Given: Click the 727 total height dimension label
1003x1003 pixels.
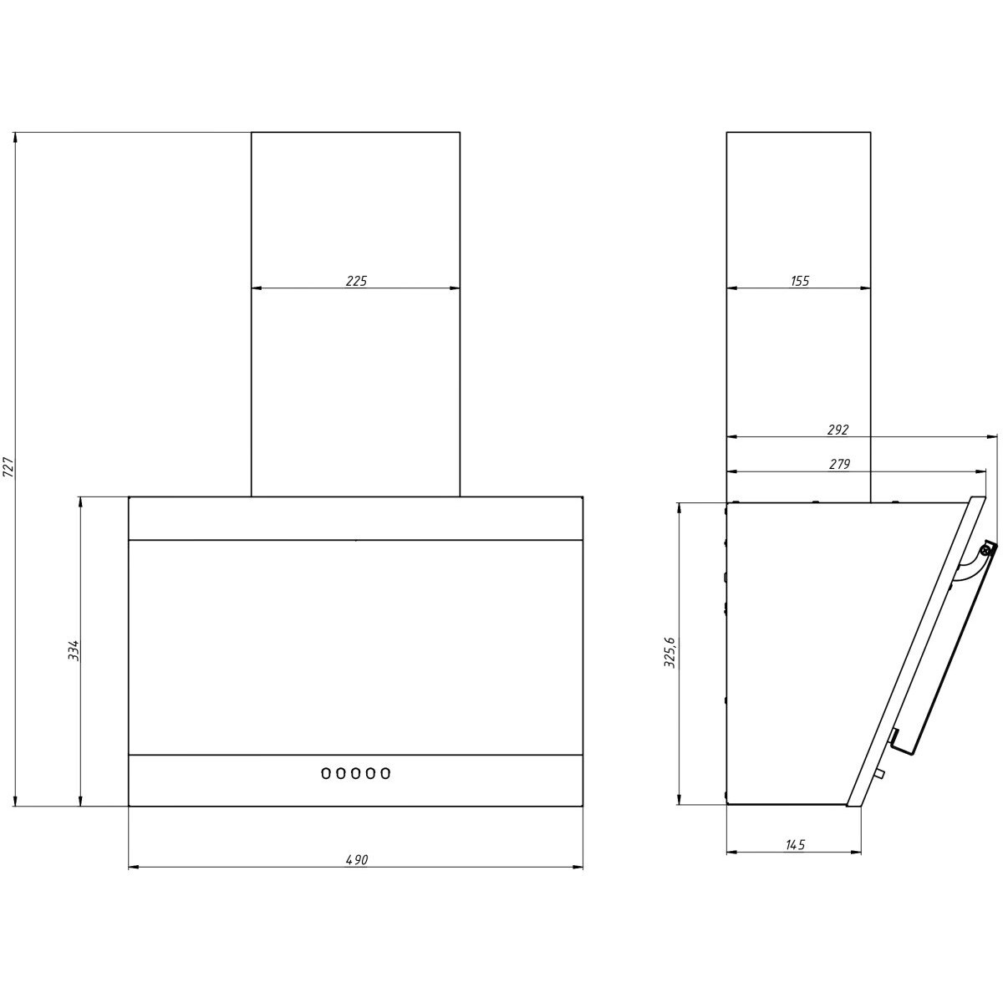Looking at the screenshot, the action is [x=8, y=467].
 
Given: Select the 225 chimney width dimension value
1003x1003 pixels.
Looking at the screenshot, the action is [x=356, y=281].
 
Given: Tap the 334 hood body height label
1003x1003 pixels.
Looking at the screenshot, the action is [x=74, y=650].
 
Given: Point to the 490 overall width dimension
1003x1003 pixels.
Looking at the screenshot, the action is [x=357, y=859].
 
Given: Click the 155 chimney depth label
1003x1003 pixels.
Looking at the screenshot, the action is [x=800, y=281].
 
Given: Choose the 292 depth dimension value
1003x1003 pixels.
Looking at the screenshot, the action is [x=838, y=430].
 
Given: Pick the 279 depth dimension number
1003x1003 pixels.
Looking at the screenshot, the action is [x=839, y=464].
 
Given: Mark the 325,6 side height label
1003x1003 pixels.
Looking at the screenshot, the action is [x=670, y=652].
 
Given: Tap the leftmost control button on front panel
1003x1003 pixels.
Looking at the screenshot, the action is [x=326, y=773].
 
